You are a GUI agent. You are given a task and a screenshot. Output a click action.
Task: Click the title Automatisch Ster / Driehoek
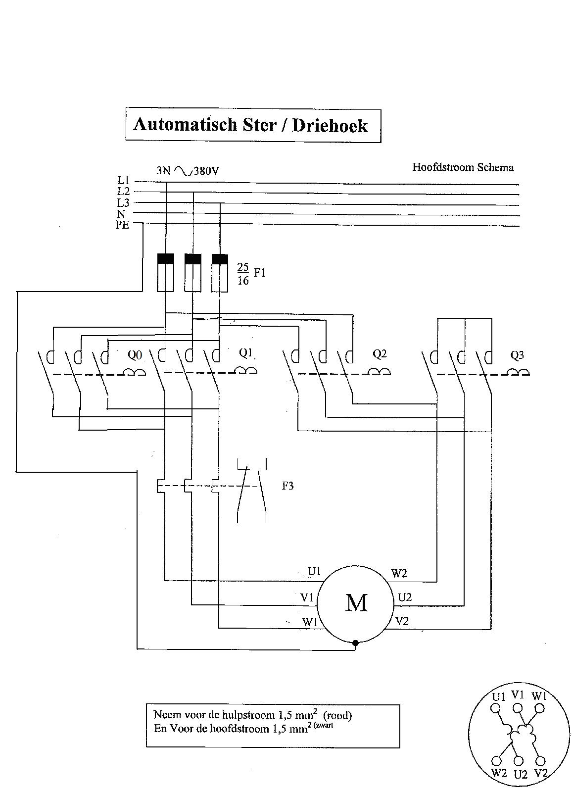click(x=250, y=125)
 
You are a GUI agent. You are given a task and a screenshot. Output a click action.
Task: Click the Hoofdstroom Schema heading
click(x=463, y=167)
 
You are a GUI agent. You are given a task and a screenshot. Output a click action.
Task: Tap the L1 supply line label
click(x=123, y=181)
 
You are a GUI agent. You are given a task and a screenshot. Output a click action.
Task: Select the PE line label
click(x=122, y=225)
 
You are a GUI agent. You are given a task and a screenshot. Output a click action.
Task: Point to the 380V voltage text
click(x=206, y=171)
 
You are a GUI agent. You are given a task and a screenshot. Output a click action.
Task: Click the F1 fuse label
click(x=260, y=272)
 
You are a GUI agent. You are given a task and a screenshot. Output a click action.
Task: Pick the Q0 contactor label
click(x=135, y=355)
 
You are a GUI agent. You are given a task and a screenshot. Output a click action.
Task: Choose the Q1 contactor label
click(x=246, y=353)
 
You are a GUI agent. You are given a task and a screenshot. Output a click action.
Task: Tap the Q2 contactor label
click(x=380, y=354)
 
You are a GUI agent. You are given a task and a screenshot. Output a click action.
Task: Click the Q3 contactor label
click(x=517, y=355)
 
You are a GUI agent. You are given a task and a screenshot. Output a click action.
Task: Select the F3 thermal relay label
click(x=287, y=486)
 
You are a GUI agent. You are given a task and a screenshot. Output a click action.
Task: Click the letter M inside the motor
click(x=356, y=603)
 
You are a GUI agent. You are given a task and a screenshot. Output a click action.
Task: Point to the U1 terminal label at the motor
click(x=314, y=572)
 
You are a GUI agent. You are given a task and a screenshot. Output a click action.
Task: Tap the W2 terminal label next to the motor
click(x=399, y=574)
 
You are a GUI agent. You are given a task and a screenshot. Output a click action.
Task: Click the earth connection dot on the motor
click(x=355, y=643)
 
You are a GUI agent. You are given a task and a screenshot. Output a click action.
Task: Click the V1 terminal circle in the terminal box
click(x=517, y=708)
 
